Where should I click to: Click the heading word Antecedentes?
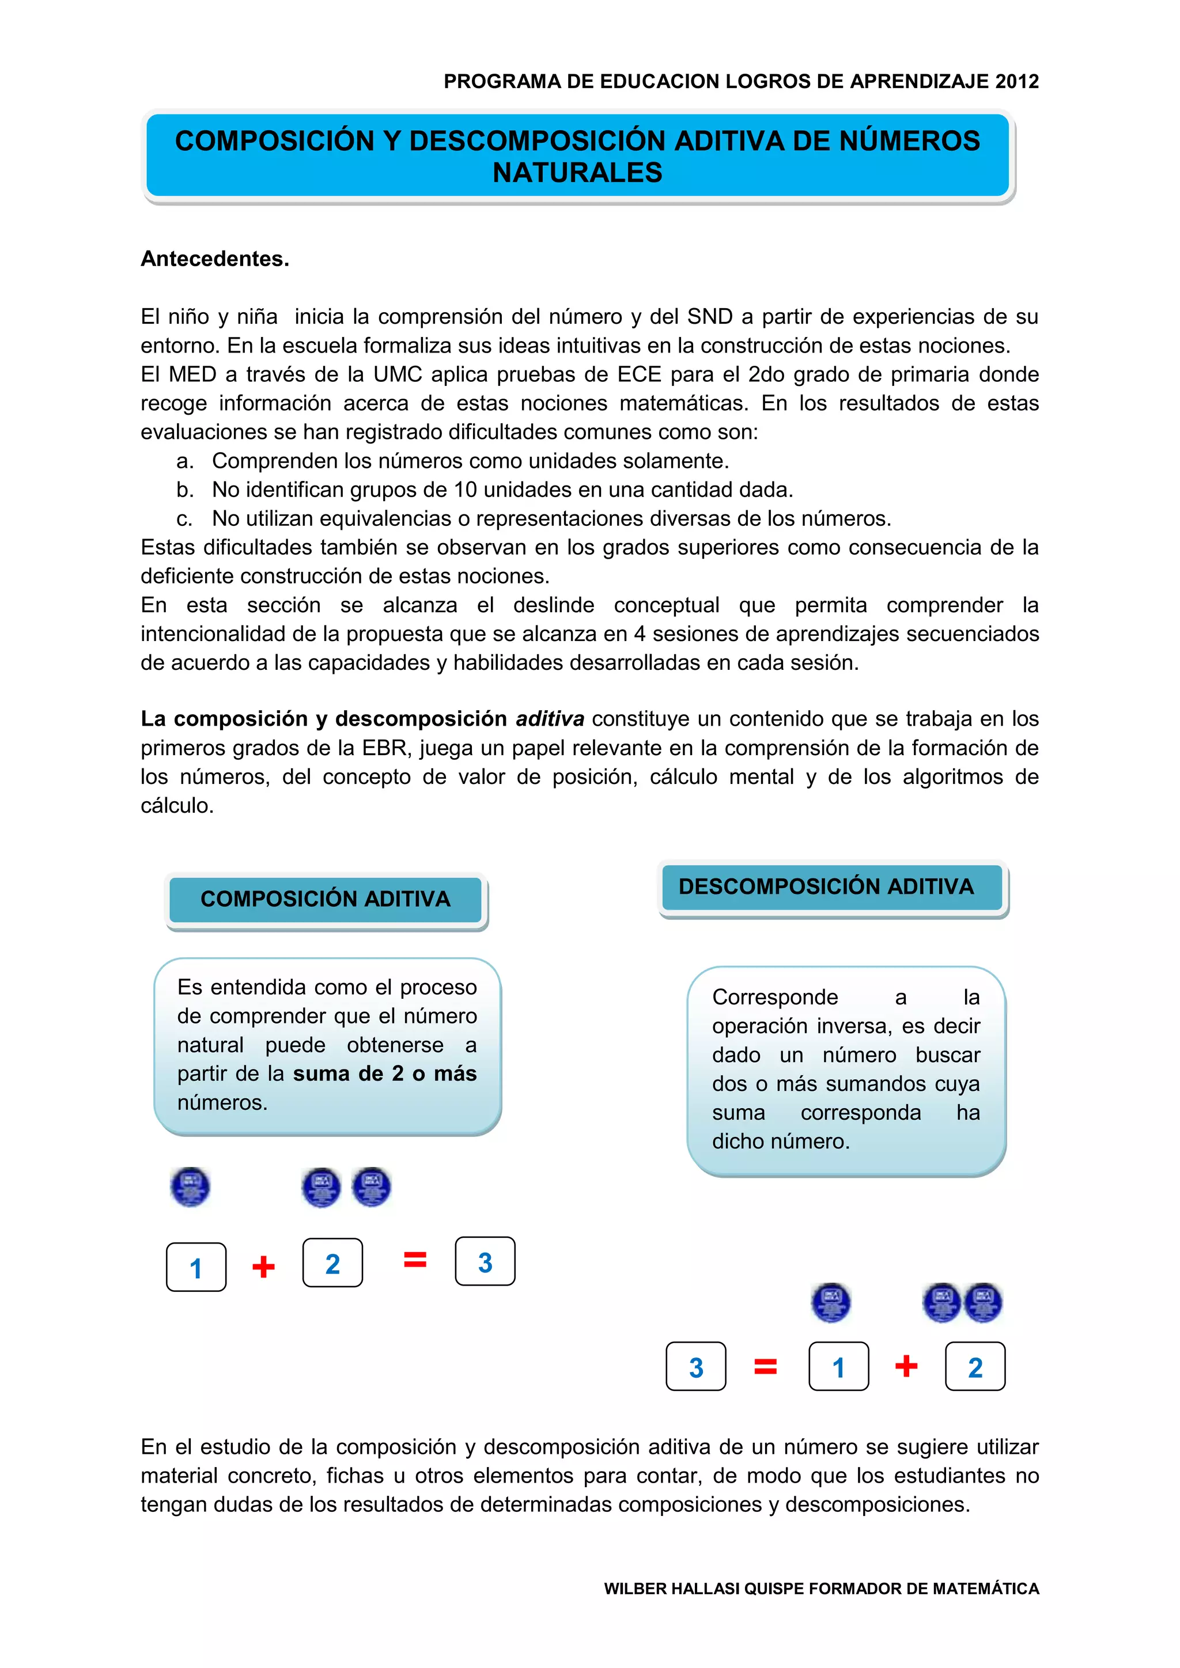click(214, 259)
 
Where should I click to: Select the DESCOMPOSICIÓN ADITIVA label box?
click(826, 886)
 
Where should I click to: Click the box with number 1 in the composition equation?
click(196, 1267)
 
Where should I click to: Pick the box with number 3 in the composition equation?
click(485, 1262)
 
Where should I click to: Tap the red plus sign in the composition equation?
click(263, 1267)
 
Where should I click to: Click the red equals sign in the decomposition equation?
click(765, 1367)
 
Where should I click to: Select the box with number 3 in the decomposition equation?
click(695, 1367)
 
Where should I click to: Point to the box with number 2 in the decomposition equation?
click(975, 1367)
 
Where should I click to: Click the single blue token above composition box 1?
click(190, 1187)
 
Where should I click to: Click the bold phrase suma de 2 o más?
click(384, 1074)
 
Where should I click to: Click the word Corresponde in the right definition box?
click(774, 997)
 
